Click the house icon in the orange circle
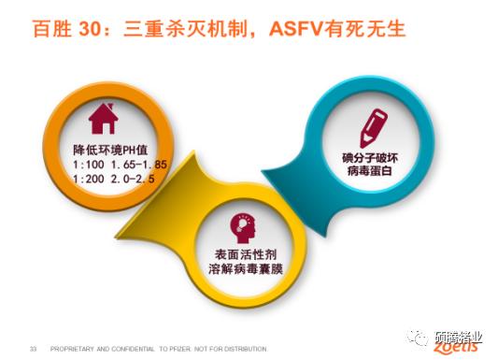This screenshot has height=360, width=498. pos(102,119)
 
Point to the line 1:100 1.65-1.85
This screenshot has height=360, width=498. pos(120,164)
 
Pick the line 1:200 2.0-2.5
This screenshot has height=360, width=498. pos(114,178)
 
